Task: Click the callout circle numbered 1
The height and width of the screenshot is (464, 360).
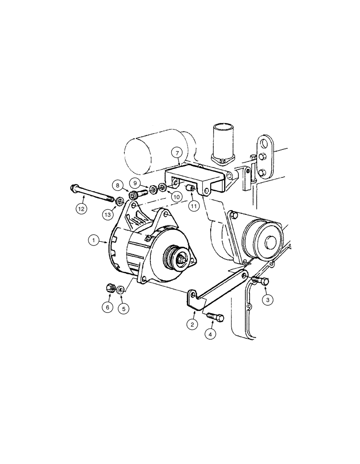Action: click(94, 240)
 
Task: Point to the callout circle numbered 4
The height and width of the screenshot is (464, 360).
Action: click(211, 334)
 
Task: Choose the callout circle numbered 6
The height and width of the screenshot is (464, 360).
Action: click(108, 307)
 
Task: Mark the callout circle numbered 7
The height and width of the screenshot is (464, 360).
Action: click(175, 152)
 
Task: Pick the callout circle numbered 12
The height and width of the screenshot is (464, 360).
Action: click(82, 209)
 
